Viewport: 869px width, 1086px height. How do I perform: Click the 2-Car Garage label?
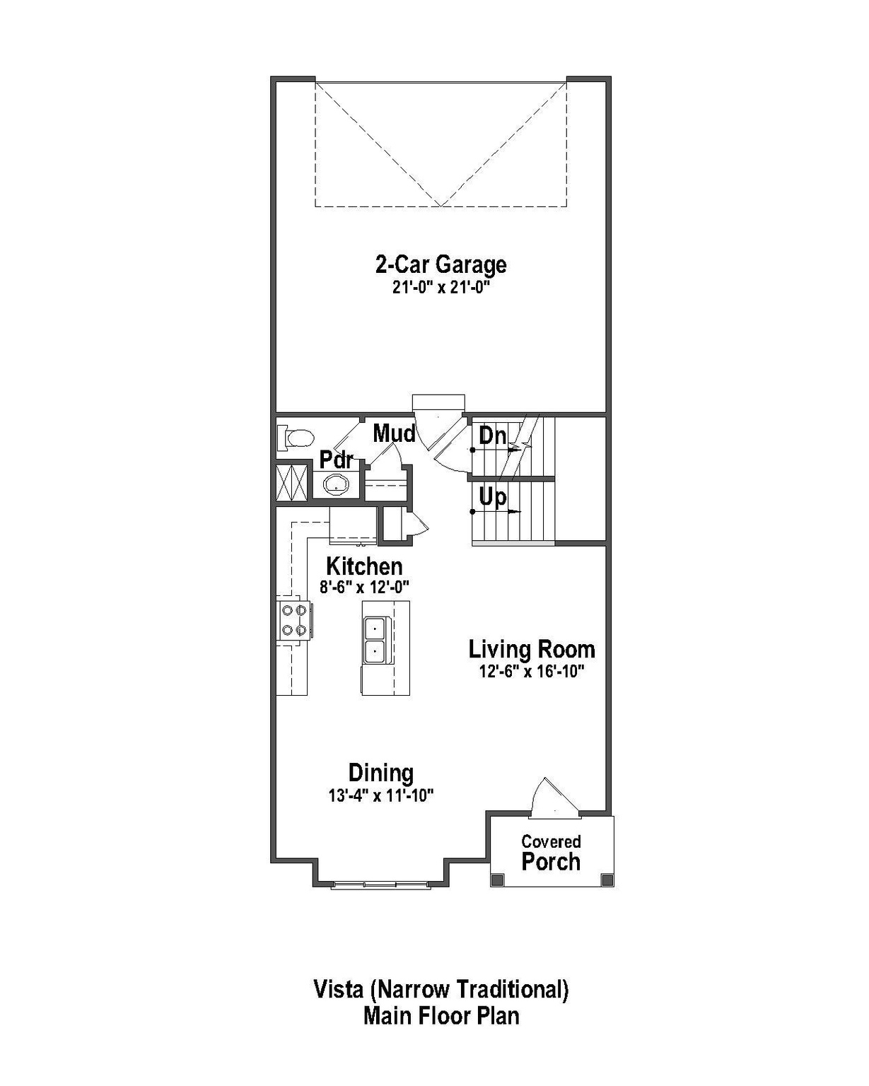click(x=441, y=264)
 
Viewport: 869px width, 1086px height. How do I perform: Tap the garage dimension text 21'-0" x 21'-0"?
click(x=441, y=288)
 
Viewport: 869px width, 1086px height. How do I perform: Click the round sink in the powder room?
click(x=336, y=485)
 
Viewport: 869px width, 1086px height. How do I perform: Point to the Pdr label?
click(x=336, y=460)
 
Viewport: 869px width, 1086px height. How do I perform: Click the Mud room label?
click(x=394, y=433)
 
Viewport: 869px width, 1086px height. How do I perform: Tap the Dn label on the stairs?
click(x=492, y=436)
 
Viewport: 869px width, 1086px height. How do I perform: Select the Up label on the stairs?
click(x=492, y=497)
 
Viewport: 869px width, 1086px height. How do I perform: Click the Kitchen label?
click(x=364, y=566)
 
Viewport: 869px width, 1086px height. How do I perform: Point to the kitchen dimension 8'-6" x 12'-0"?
click(x=364, y=587)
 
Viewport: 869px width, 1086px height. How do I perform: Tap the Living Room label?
click(x=532, y=649)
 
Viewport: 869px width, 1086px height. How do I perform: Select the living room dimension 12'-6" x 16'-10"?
click(x=532, y=671)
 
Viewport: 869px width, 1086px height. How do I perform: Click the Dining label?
click(x=381, y=773)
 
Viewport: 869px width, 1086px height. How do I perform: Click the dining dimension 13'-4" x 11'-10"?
click(x=381, y=795)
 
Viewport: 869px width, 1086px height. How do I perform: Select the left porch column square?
click(x=497, y=879)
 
